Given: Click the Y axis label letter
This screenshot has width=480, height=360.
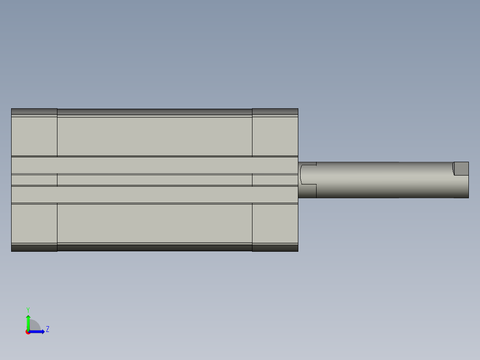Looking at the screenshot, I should (x=28, y=309).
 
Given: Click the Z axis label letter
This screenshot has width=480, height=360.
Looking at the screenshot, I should (x=47, y=329).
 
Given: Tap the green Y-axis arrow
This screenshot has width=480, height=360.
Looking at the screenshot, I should (x=28, y=321).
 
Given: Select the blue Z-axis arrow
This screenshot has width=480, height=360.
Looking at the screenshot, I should (x=38, y=331).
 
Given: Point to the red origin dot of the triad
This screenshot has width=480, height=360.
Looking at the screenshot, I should (x=28, y=332).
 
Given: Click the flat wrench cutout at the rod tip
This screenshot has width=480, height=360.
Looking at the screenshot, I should (x=461, y=168).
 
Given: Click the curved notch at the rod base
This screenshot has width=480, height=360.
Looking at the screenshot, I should (x=308, y=174).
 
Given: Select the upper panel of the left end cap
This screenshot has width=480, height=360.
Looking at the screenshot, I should (x=34, y=136).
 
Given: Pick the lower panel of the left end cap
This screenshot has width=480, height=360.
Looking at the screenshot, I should (x=34, y=223).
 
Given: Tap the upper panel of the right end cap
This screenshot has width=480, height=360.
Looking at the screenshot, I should (x=275, y=136).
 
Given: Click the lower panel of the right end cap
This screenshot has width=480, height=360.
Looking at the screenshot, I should (x=275, y=223).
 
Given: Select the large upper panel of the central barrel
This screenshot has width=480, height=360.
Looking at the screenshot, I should (x=155, y=136).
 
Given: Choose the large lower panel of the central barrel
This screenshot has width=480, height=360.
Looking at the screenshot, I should (x=155, y=223).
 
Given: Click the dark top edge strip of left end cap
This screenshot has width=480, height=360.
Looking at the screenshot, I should (x=34, y=111).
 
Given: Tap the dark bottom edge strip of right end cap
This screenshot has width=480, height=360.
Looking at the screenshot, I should (x=275, y=248).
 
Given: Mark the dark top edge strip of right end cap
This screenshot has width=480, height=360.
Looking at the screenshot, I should (x=275, y=111).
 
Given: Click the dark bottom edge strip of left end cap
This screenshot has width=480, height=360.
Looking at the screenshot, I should (x=34, y=248).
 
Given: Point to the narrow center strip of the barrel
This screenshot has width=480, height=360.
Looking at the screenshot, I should (x=155, y=180).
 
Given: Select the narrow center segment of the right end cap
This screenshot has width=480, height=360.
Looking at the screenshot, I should (x=275, y=180).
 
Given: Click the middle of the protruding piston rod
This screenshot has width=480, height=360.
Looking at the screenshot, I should (x=383, y=180).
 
